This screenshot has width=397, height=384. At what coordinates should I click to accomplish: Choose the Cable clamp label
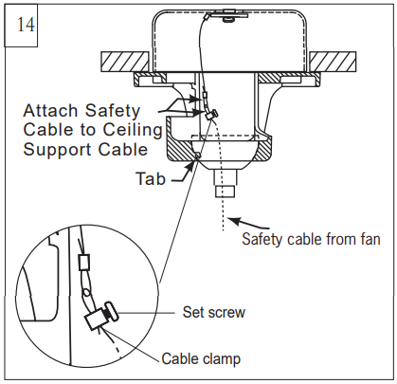(x=199, y=359)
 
